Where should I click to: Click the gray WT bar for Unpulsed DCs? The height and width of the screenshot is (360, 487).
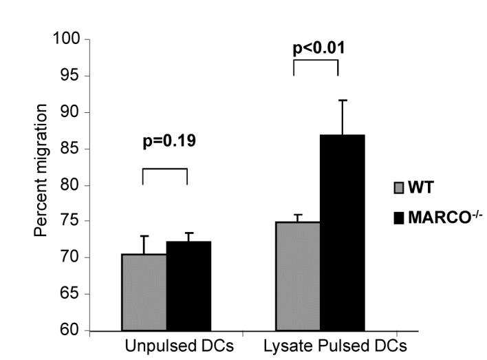click(144, 293)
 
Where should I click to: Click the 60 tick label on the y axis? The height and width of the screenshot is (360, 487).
click(70, 330)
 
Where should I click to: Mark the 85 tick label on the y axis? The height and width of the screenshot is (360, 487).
click(70, 149)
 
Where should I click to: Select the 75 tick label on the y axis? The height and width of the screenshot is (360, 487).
click(70, 222)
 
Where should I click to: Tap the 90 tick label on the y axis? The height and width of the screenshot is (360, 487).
click(70, 112)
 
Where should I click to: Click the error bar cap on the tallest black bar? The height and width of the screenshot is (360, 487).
click(342, 100)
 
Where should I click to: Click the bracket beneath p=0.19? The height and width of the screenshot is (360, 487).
click(164, 169)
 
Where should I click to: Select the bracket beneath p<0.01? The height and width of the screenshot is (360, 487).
click(316, 61)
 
